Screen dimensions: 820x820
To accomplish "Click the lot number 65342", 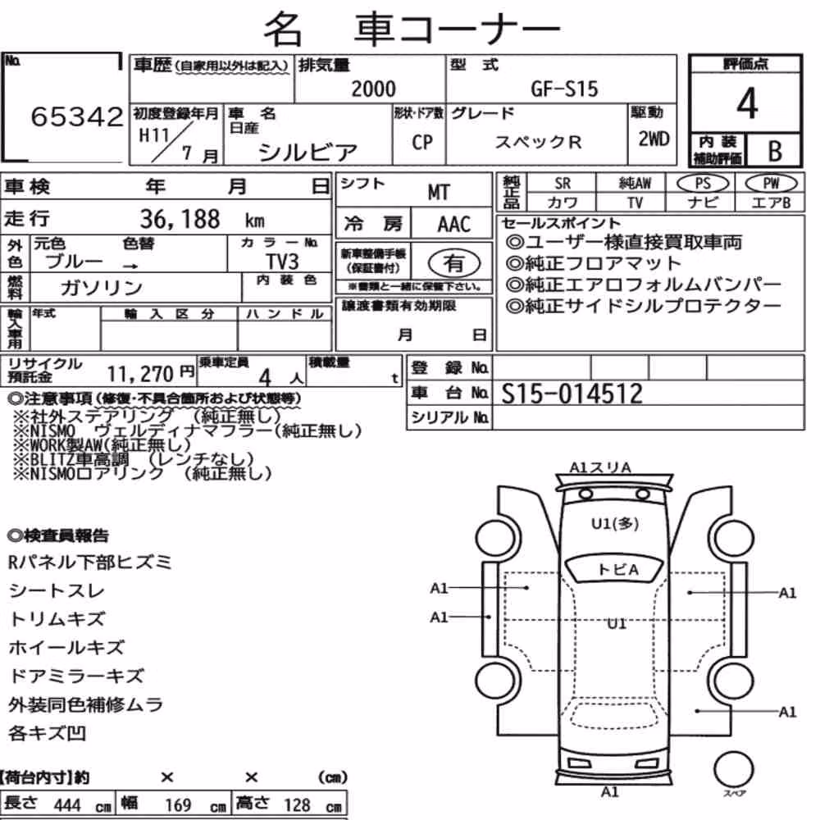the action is [77, 116].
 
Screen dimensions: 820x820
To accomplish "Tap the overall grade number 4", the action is [747, 103].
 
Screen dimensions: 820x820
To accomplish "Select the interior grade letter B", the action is [775, 151].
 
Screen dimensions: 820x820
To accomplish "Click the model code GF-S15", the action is [564, 89].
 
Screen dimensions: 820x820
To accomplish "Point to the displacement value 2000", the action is [373, 89].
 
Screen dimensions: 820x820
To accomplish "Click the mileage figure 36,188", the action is [180, 219].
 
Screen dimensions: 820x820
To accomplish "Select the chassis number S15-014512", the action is [572, 394].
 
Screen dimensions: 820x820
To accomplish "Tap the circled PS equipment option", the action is [703, 184].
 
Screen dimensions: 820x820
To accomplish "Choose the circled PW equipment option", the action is [771, 184].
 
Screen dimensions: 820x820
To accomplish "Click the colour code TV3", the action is [282, 261].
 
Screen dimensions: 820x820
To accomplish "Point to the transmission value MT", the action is [438, 192].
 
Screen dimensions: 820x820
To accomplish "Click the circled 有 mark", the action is [453, 262].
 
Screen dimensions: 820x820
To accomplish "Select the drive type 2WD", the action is [654, 139].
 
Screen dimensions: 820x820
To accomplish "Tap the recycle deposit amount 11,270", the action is [140, 374].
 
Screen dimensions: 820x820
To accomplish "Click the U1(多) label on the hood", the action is [614, 523].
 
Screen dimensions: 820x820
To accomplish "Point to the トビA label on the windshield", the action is [617, 569].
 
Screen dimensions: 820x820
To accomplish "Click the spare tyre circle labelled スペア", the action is [733, 769].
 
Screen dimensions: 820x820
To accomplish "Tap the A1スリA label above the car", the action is [600, 467].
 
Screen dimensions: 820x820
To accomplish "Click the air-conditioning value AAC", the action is [454, 225].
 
